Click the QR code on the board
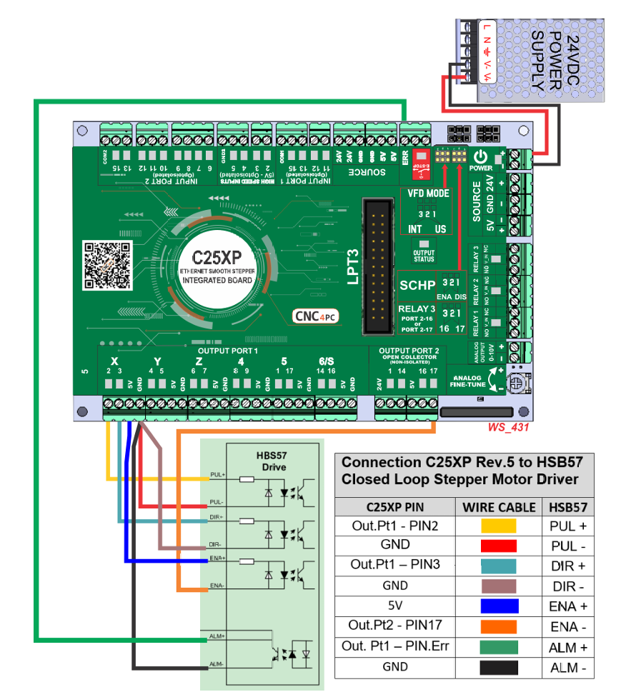(x=108, y=265)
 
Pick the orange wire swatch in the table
(x=499, y=626)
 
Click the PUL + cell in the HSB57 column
(x=569, y=526)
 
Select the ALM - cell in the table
(x=569, y=666)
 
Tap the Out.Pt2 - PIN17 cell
(x=394, y=625)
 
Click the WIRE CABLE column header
(x=499, y=507)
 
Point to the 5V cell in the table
(x=394, y=605)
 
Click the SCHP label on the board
(x=417, y=285)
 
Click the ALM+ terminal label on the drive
(x=217, y=635)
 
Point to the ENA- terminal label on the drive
(x=217, y=585)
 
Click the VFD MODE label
(x=428, y=194)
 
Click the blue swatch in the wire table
(x=499, y=606)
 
